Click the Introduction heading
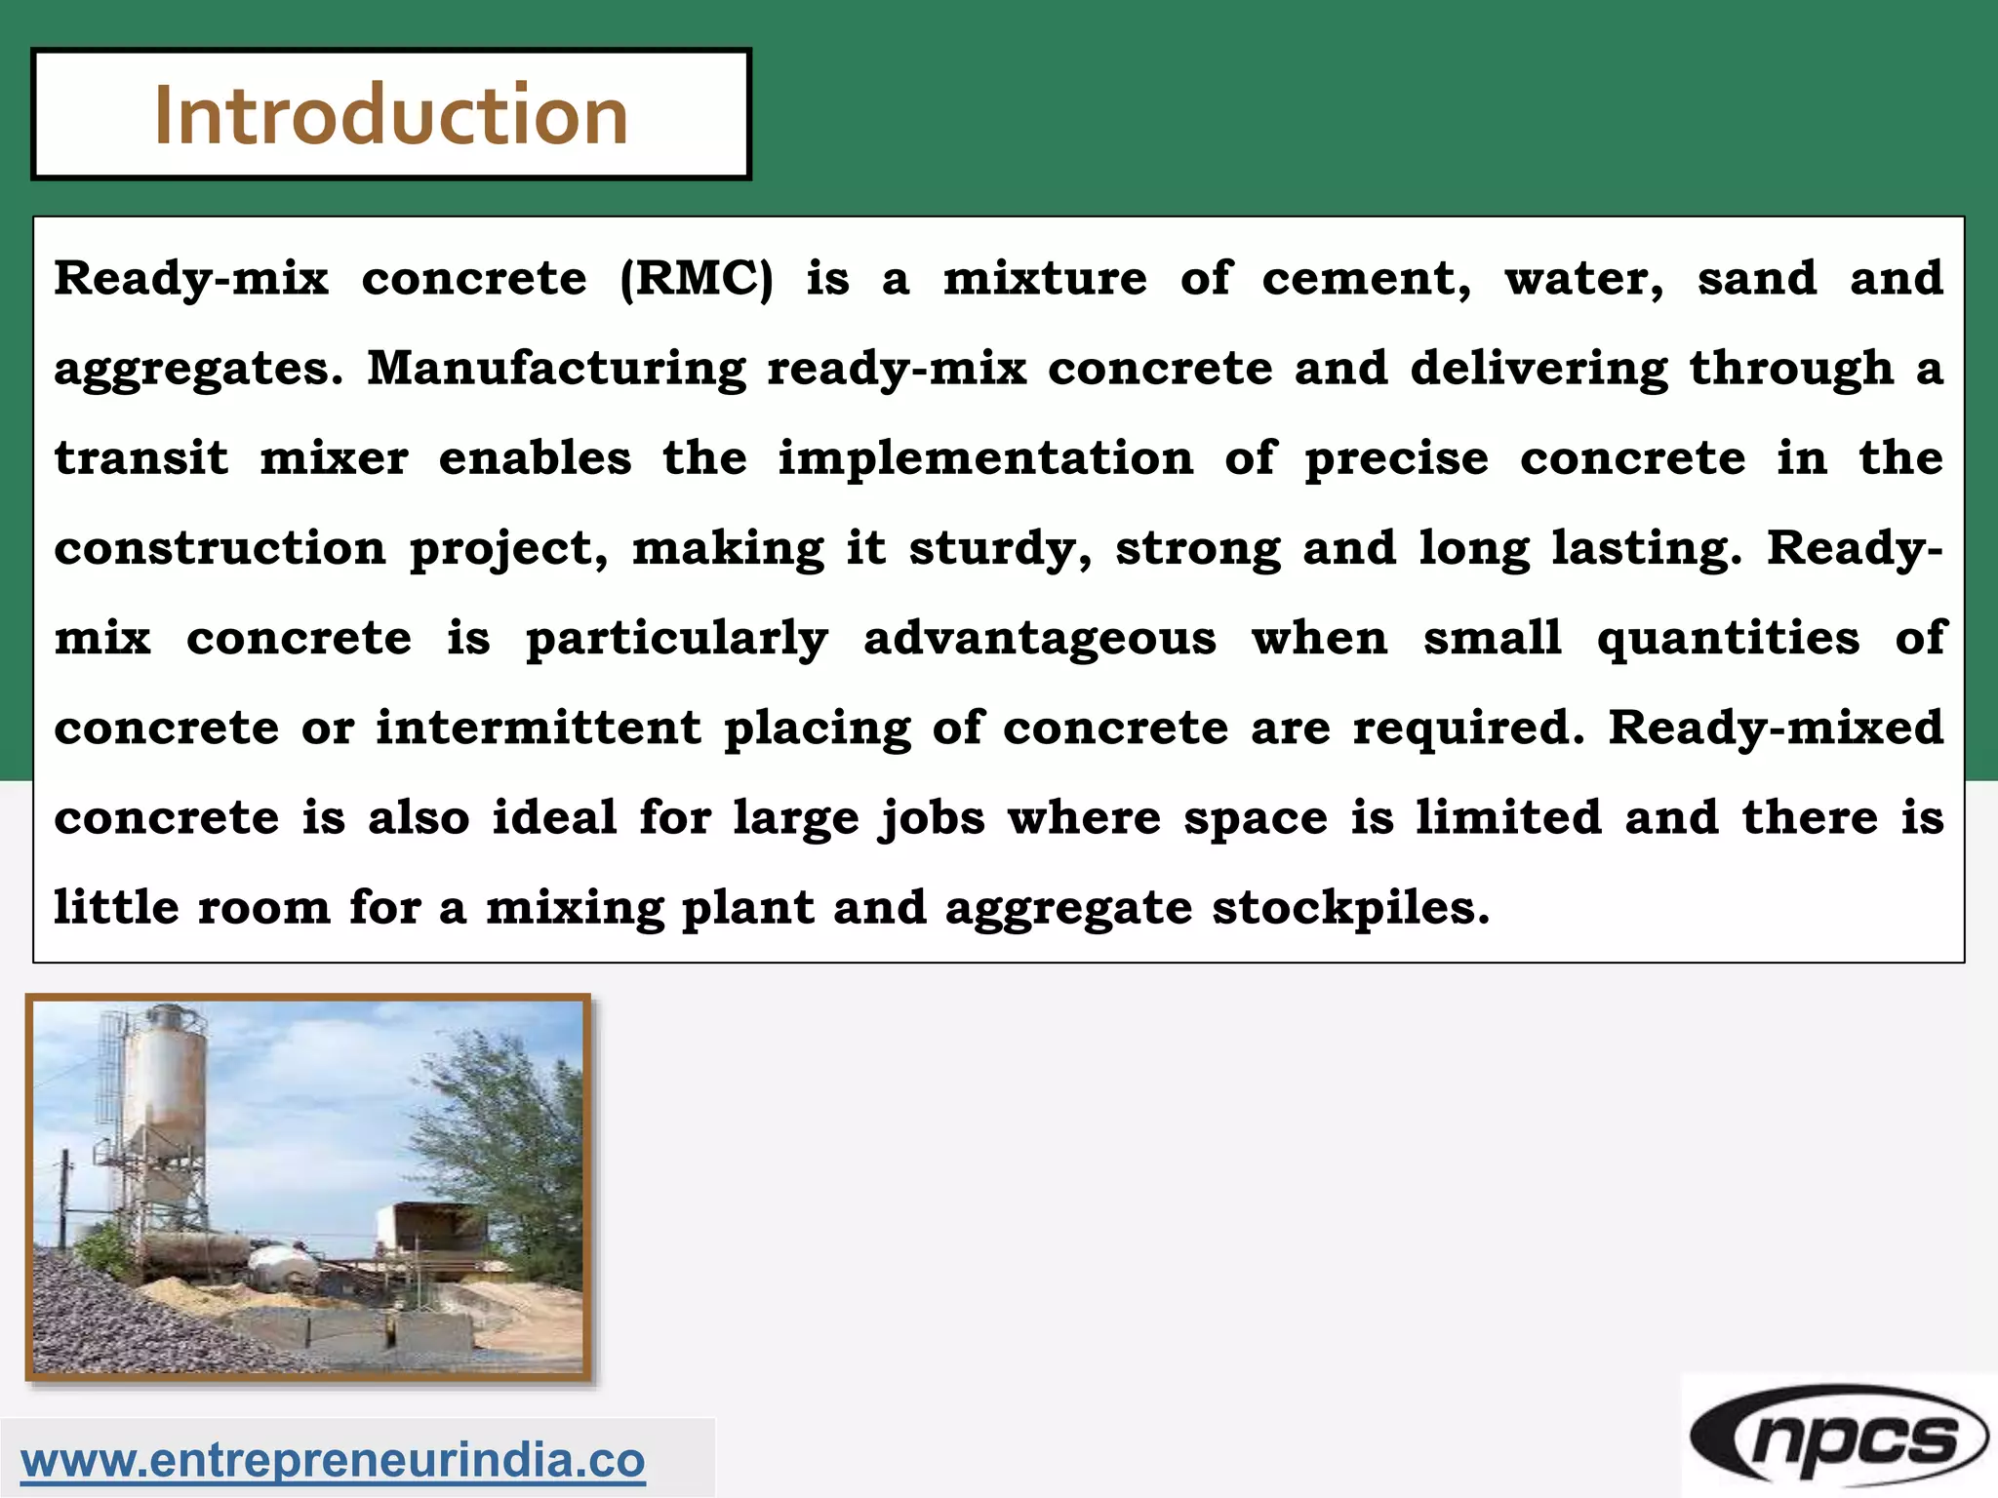[x=390, y=115]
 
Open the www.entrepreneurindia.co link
[x=333, y=1460]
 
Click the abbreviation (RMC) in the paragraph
[x=696, y=279]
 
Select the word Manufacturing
[x=556, y=369]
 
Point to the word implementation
[x=985, y=458]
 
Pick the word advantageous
[x=1040, y=639]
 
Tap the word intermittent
[x=539, y=728]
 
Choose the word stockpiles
[x=1350, y=908]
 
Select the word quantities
[x=1728, y=639]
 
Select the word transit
[x=140, y=458]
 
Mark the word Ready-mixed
[x=1776, y=728]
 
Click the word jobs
[x=932, y=818]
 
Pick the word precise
[x=1397, y=458]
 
